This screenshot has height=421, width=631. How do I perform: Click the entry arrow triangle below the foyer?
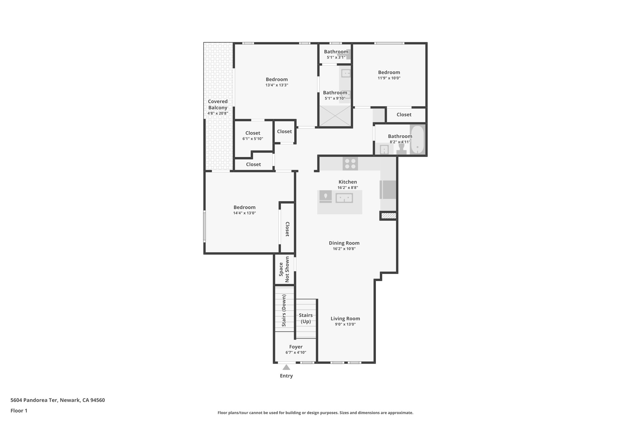tap(286, 367)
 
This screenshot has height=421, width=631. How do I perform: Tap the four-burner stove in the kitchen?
tap(350, 163)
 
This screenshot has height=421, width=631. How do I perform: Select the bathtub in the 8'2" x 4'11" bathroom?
tap(417, 140)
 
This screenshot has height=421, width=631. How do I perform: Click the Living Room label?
tap(345, 319)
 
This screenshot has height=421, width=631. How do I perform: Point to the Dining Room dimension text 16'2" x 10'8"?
tap(344, 249)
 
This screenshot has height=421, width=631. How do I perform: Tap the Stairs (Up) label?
tap(306, 318)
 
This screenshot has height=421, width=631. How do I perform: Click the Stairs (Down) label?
tap(284, 310)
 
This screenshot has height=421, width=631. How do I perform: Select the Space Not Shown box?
tap(284, 269)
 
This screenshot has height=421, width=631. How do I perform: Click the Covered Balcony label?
tap(218, 104)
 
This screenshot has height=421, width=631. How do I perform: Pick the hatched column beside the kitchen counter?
tap(388, 216)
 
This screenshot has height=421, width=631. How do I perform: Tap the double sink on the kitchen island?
tap(344, 198)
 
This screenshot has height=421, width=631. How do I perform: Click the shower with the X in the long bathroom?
tap(335, 116)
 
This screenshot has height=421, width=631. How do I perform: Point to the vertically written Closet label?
tap(287, 229)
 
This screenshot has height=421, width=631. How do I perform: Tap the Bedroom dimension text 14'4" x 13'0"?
tap(244, 213)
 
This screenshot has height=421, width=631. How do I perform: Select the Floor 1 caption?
tap(19, 411)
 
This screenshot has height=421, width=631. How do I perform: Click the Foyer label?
tap(295, 347)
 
